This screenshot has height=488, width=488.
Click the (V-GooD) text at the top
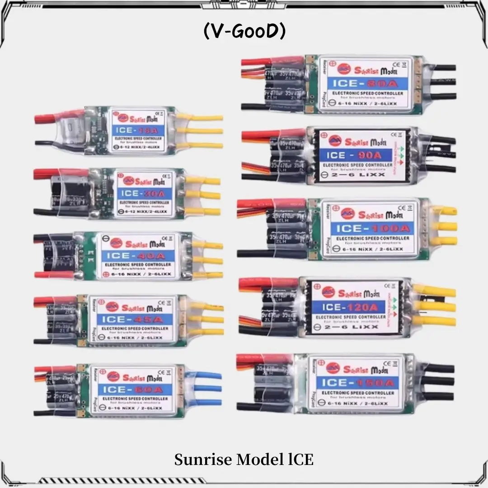point(244,32)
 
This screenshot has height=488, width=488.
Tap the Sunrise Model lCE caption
point(244,460)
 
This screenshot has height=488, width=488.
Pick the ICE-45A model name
point(131,319)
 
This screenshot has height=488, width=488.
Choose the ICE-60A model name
point(131,388)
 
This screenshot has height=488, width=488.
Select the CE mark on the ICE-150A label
point(387,362)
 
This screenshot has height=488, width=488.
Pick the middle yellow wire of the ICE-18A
point(204,131)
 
